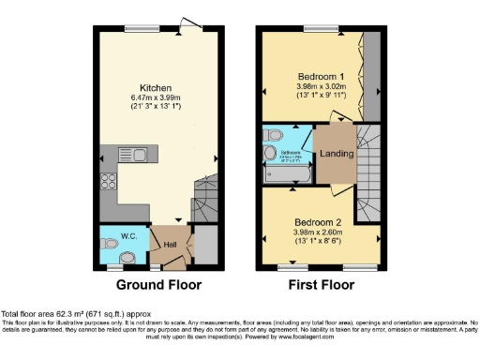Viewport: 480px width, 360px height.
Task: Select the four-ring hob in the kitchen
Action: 110,181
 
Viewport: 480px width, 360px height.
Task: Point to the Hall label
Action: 171,246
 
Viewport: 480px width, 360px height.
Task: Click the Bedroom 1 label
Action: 320,74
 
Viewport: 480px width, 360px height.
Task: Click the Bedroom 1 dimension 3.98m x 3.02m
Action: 320,85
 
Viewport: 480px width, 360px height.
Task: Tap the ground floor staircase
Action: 203,199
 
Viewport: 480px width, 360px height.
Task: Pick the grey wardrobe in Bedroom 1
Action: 370,76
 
